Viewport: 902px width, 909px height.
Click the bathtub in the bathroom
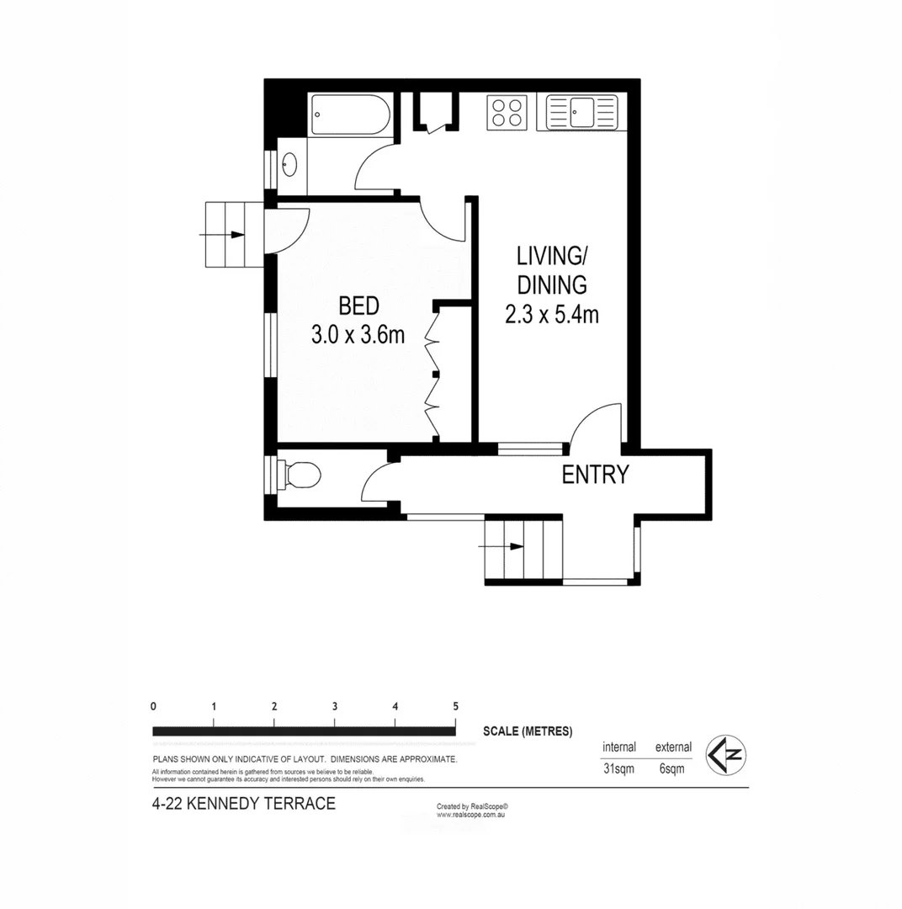point(350,114)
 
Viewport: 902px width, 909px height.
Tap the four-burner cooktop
point(507,113)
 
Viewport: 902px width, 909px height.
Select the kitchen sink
point(581,111)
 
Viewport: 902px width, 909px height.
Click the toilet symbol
point(300,476)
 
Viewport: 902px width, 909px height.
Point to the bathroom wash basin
point(290,164)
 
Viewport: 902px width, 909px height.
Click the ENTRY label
point(595,476)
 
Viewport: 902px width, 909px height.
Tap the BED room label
point(358,305)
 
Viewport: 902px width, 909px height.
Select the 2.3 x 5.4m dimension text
point(551,315)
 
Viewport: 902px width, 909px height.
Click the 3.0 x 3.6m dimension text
point(358,334)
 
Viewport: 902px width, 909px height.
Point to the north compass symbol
point(726,754)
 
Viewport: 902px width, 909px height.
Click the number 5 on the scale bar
point(455,706)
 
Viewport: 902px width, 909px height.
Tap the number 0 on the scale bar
point(153,706)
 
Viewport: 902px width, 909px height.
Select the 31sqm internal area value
point(618,767)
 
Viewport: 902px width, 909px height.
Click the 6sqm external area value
point(673,767)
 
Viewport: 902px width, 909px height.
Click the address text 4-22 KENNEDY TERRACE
point(244,804)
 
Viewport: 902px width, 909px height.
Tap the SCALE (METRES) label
point(528,731)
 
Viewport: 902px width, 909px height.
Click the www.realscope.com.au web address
point(470,815)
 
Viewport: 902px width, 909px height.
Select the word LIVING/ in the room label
point(551,254)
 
